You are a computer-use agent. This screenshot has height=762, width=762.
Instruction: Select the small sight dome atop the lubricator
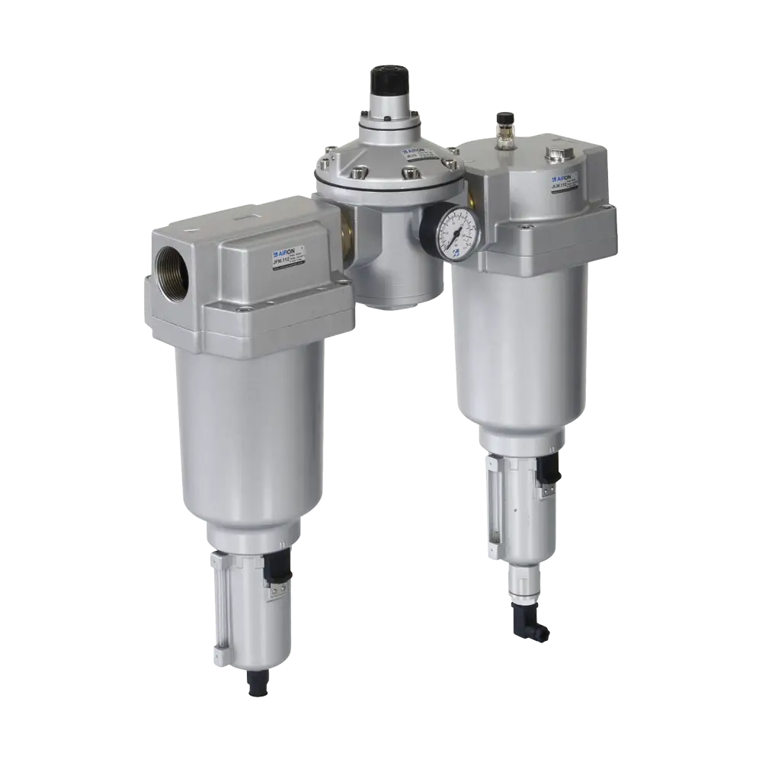pos(502,121)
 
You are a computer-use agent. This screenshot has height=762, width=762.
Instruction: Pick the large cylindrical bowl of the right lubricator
pos(518,343)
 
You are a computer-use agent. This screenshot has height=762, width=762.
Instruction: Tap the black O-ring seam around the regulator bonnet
pos(389,181)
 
